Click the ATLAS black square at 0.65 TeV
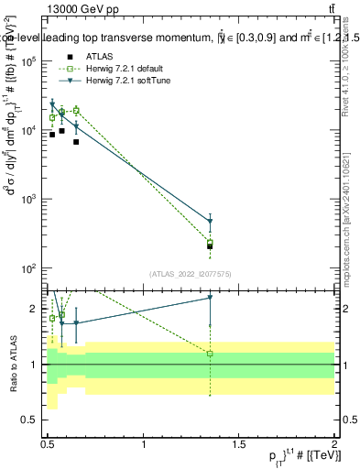tap(76, 142)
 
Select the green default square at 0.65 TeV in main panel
tap(76, 111)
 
